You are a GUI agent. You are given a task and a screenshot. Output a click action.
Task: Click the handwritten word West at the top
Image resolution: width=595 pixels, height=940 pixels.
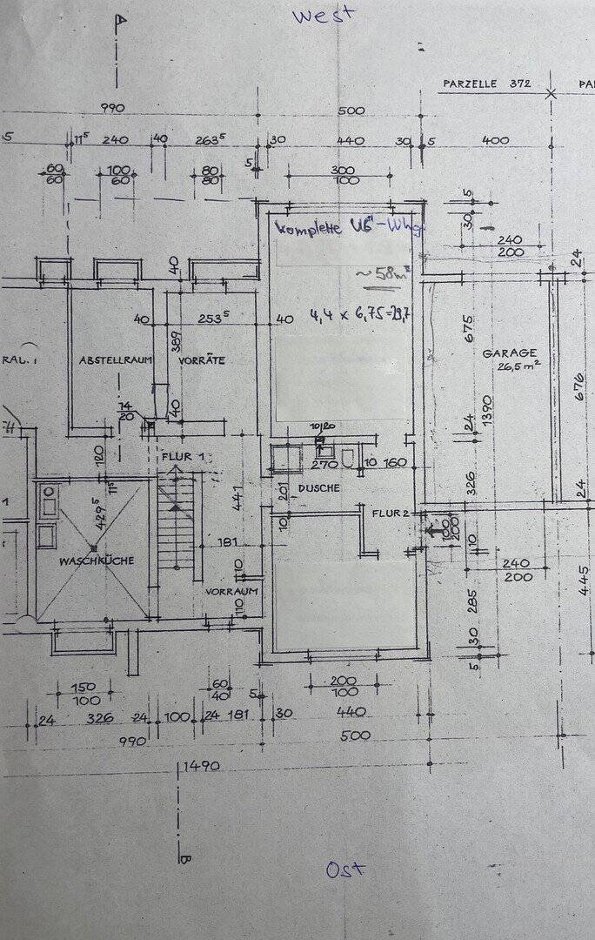coord(323,16)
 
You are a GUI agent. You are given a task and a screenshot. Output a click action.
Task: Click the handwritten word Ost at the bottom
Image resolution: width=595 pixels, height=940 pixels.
coord(345,869)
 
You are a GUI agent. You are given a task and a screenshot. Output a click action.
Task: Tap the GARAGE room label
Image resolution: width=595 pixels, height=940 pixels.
coord(510,352)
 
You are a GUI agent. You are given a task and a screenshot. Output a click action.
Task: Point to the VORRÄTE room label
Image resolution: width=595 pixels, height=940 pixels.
coord(202,360)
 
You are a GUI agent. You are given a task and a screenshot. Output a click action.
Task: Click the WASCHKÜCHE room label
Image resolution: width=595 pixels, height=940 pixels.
coord(97,561)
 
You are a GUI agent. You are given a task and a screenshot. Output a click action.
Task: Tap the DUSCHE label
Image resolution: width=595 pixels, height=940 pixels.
coord(318,488)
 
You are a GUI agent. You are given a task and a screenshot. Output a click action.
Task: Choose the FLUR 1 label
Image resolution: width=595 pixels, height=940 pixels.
coord(182,456)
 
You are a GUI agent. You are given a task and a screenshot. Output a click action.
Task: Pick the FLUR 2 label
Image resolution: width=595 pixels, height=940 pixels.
coord(391,513)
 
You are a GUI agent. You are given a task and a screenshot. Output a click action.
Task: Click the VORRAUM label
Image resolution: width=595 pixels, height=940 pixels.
coord(232,591)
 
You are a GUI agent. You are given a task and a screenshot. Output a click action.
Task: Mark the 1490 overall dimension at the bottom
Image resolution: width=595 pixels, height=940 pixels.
coord(200,767)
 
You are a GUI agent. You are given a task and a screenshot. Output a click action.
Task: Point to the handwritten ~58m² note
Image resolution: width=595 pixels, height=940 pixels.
coord(373,275)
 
